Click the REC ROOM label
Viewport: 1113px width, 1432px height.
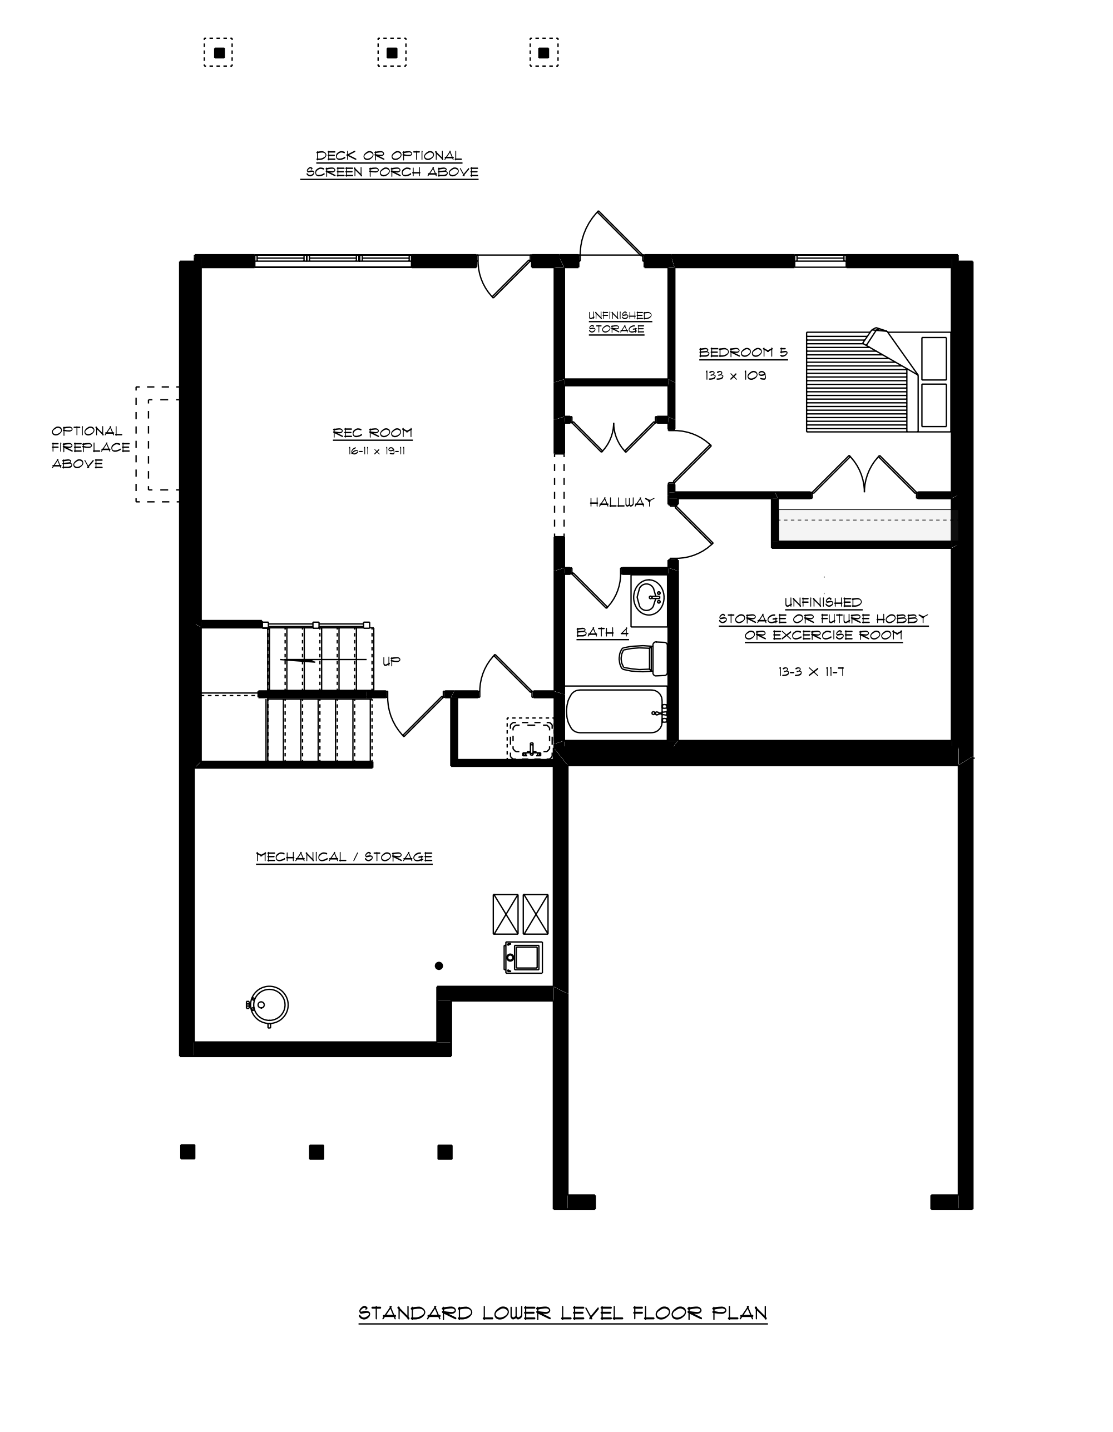[373, 433]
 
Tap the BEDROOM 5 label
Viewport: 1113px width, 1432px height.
[743, 353]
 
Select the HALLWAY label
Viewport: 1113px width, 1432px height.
[622, 502]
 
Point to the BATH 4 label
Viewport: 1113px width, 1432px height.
[602, 632]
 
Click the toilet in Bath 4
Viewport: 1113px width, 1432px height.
[643, 658]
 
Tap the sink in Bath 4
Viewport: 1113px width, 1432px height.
[649, 597]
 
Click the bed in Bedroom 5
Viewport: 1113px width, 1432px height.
[878, 381]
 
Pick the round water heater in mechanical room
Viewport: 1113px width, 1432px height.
[268, 1005]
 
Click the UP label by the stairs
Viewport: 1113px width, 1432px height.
[392, 662]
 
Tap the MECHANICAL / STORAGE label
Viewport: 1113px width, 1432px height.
[344, 857]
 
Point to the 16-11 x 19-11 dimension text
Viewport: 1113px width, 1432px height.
[377, 451]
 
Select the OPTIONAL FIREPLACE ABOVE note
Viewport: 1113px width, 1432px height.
[91, 447]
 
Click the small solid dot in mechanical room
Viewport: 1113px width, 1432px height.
[439, 966]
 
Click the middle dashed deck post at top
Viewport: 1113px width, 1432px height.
[392, 52]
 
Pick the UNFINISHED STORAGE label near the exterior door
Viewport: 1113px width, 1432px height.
[619, 322]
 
